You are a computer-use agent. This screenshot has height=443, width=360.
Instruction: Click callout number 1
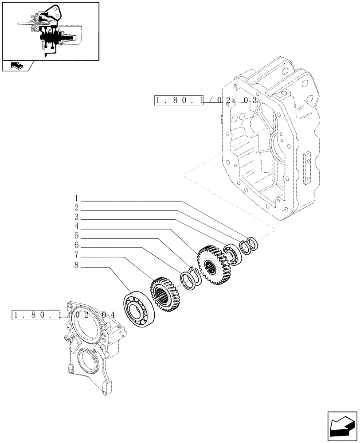coord(76,198)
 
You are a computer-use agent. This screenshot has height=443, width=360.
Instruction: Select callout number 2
coord(76,208)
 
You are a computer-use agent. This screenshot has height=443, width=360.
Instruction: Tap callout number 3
coord(76,217)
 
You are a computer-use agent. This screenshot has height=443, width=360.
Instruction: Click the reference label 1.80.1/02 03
coord(206,101)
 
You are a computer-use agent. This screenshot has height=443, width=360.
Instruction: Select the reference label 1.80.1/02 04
coord(64,315)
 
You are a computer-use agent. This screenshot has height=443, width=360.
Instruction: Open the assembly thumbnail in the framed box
coord(50,31)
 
